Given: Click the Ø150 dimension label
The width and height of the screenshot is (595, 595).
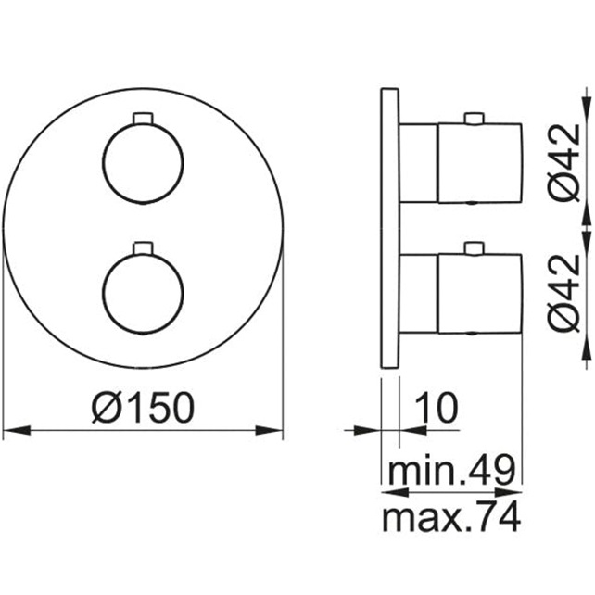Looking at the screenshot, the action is click(143, 408).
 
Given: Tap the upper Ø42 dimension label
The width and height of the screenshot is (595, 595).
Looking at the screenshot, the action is click(564, 162).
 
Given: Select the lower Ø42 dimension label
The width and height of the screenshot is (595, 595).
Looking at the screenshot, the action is click(564, 293).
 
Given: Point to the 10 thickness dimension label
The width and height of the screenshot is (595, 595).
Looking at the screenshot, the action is click(437, 408).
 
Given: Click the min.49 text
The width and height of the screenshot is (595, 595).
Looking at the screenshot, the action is click(451, 469).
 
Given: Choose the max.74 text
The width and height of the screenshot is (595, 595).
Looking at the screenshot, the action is click(451, 516).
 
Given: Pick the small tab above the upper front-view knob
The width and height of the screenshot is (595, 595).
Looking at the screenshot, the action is click(143, 118).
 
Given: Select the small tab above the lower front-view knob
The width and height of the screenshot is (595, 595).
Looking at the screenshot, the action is click(143, 247).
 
